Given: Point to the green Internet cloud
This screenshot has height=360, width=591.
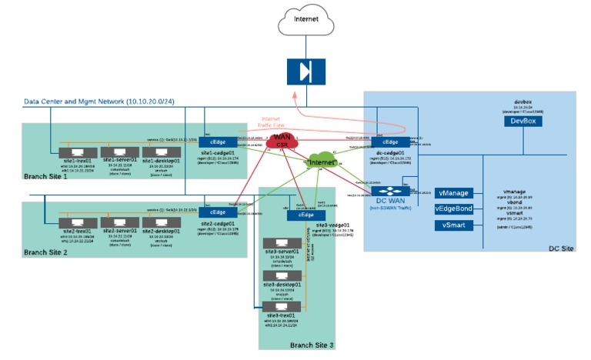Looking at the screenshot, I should [x=321, y=162].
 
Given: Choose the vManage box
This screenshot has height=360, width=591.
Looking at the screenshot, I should [x=452, y=193].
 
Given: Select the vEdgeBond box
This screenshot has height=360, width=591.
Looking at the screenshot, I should [x=452, y=209].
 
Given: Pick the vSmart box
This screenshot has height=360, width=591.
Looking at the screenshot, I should [x=452, y=225].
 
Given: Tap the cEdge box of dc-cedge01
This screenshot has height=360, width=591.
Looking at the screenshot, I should [x=390, y=142].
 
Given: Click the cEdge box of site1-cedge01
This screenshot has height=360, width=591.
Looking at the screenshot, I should [x=212, y=142].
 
